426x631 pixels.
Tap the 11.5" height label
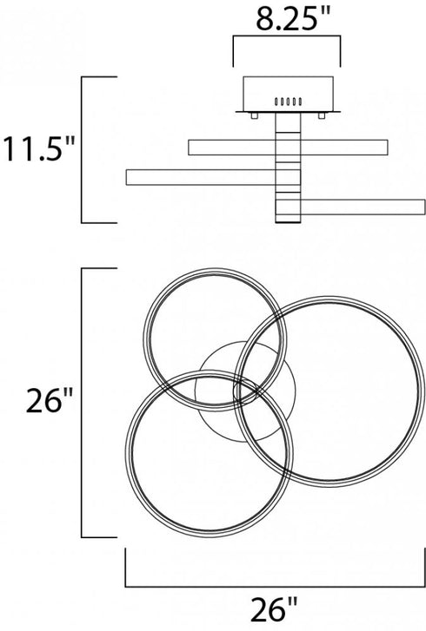pyautogui.click(x=39, y=149)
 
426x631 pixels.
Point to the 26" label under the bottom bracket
pyautogui.click(x=275, y=609)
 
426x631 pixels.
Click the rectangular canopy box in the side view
pyautogui.click(x=288, y=94)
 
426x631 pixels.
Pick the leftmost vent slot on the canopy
pyautogui.click(x=276, y=102)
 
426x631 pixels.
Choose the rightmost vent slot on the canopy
pyautogui.click(x=300, y=102)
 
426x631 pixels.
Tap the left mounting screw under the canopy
pyautogui.click(x=255, y=115)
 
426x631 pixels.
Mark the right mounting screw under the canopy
pyautogui.click(x=322, y=115)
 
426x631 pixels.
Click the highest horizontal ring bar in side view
pyautogui.click(x=288, y=148)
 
